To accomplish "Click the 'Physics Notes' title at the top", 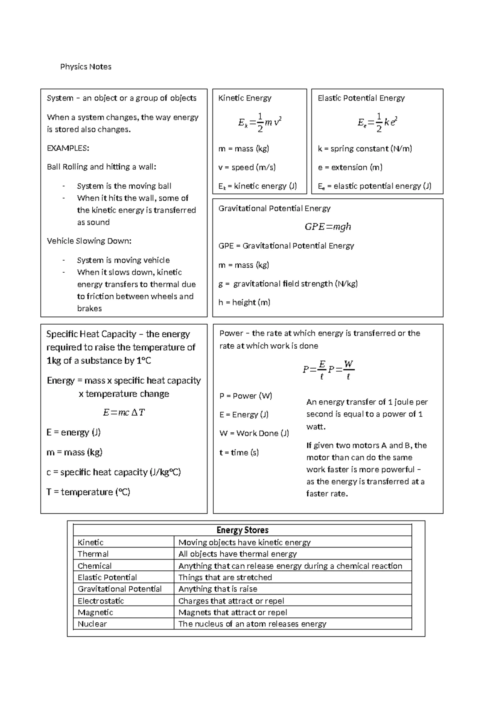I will [86, 67].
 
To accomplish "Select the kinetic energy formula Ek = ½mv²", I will [260, 122].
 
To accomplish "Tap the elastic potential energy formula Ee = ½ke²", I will [378, 122].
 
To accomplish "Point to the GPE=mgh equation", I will [328, 227].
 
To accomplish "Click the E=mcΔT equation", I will [124, 412].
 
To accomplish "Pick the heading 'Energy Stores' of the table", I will [242, 530].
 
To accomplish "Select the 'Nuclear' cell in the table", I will [92, 624].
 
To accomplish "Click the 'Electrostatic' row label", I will [101, 601].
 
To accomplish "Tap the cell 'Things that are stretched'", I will [225, 577].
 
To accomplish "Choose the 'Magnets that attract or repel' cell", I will [232, 612].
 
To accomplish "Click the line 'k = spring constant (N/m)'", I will [365, 148].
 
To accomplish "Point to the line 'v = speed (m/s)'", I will [247, 167].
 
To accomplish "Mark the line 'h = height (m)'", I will [244, 302].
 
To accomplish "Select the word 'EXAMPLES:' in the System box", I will [68, 148].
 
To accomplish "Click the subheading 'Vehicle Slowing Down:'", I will [89, 241].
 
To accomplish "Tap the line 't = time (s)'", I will [239, 452].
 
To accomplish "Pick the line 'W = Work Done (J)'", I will [254, 433].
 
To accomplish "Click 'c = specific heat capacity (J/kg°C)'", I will [114, 472].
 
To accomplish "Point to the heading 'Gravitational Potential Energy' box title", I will [274, 208].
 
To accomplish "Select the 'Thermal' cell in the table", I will [93, 554].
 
